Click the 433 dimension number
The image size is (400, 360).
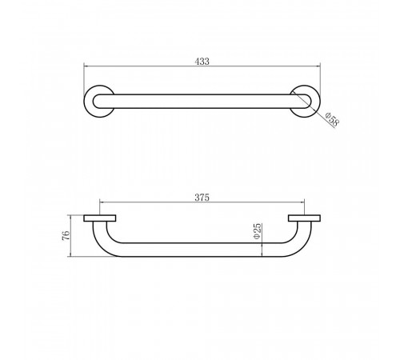coord(202,62)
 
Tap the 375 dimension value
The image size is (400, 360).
coord(202,198)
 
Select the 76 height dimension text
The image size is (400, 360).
coord(66,235)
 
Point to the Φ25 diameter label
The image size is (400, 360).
coord(258,231)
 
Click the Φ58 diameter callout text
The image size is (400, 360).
coord(332,119)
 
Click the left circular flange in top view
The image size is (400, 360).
coord(88,102)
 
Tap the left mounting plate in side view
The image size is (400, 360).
coord(100,218)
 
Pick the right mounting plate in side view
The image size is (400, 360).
coord(304,218)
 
